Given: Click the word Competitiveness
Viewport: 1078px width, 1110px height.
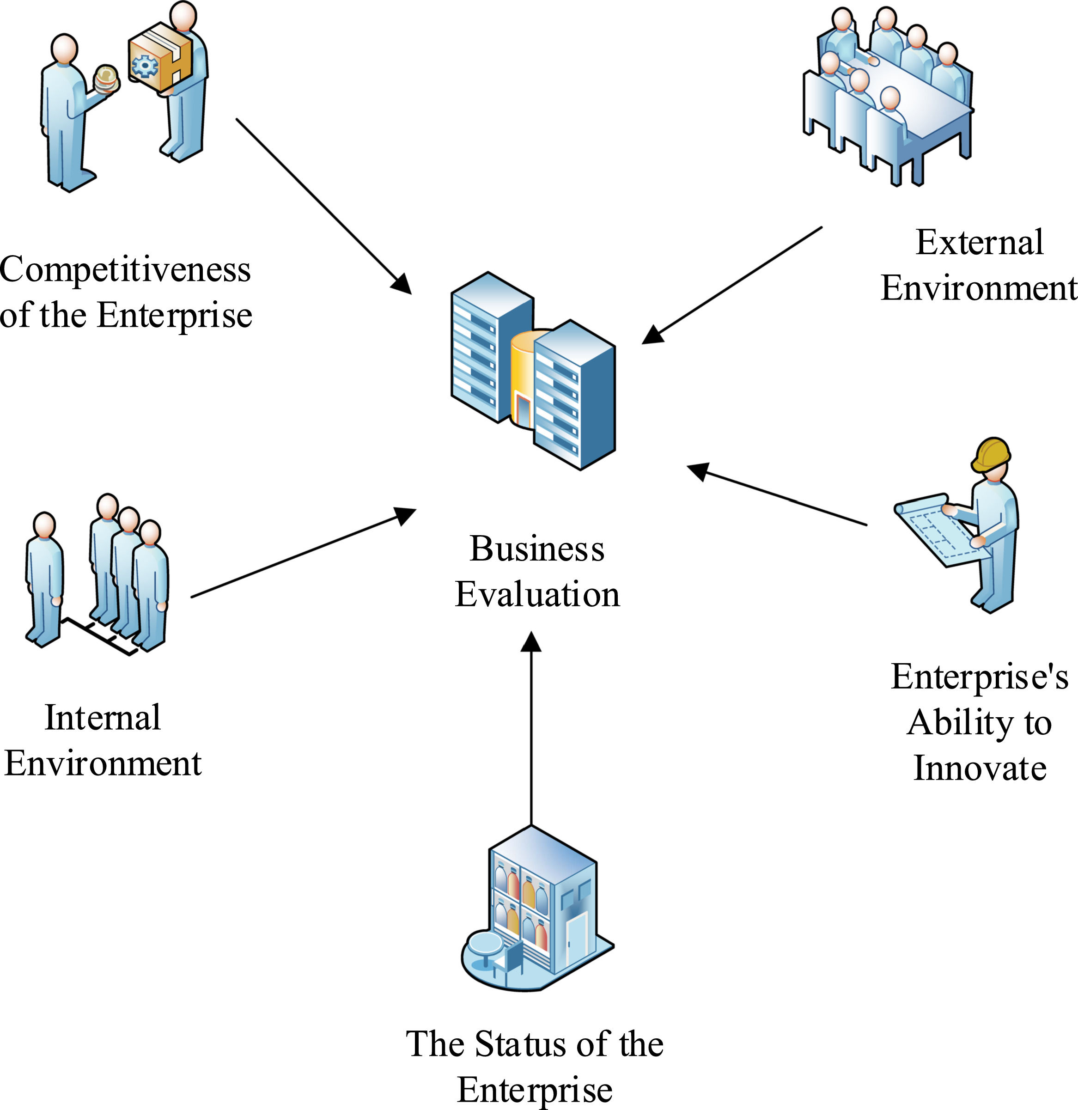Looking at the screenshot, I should (x=125, y=269).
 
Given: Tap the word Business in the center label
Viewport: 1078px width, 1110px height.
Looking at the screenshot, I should (x=537, y=549).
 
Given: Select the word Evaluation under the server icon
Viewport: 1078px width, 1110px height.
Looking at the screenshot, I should (x=537, y=595).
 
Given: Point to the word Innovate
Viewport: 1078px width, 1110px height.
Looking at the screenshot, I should (x=980, y=768).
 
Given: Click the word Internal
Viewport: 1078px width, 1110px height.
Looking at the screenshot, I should (x=103, y=718).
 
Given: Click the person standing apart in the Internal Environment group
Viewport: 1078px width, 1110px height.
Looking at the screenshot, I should (x=44, y=578).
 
